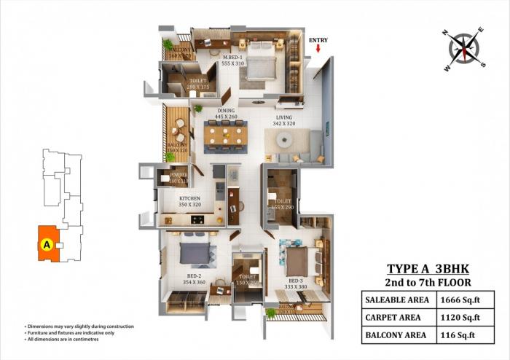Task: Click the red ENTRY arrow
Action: coord(318,49)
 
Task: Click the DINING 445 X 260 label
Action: coord(226,114)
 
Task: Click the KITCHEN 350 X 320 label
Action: coord(190,202)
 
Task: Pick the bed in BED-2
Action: coord(197,253)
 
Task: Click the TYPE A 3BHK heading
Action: coord(425,268)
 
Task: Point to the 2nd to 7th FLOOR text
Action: coord(426,282)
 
